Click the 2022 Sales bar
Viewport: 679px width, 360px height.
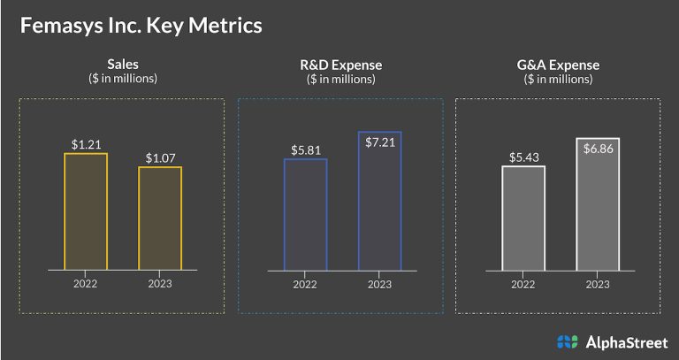85,211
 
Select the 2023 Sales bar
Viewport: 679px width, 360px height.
160,218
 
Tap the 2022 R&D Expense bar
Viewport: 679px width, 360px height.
305,213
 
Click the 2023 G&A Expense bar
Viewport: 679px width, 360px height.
598,204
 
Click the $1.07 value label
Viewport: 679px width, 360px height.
160,157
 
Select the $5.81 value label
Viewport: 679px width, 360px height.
305,149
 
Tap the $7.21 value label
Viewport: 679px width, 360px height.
379,123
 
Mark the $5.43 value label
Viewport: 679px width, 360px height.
523,157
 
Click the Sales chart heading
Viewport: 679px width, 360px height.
123,65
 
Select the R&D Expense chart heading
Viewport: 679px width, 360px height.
340,65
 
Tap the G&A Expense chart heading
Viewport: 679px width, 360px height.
558,65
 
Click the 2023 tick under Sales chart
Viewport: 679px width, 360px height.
160,284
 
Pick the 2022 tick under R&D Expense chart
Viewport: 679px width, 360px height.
305,284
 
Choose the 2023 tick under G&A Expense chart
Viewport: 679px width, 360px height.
598,284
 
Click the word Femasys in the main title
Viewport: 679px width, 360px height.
56,25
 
